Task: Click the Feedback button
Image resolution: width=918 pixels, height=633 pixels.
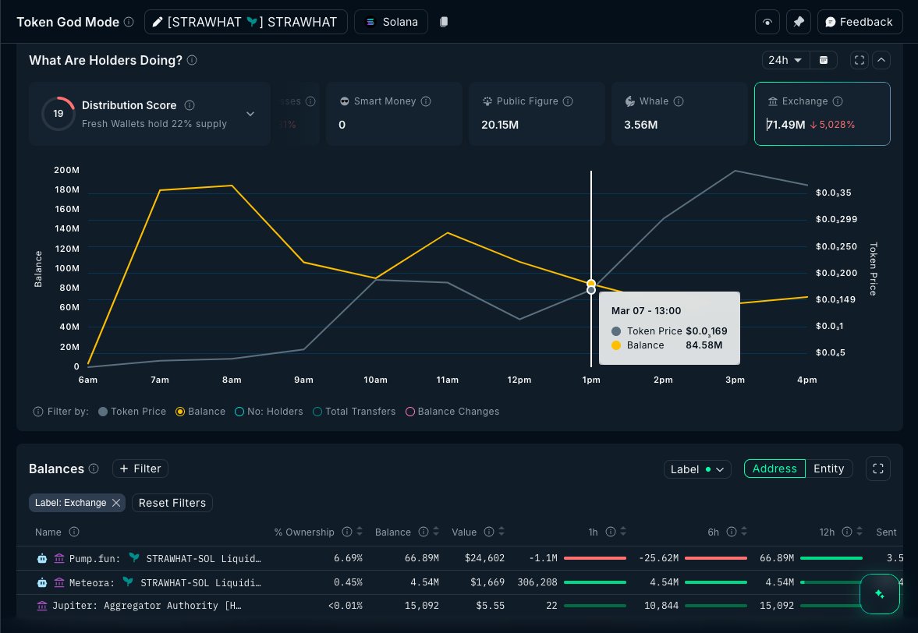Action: (x=860, y=22)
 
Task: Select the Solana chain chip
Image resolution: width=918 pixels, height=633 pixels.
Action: (x=391, y=22)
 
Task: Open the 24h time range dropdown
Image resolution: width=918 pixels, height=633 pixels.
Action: (x=785, y=60)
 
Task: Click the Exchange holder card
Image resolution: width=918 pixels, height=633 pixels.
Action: (x=821, y=114)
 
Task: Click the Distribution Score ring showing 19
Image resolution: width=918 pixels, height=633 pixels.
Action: (x=58, y=114)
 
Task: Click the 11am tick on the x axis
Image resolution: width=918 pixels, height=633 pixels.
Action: (x=447, y=380)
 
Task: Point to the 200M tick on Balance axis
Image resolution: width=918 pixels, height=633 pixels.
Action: (x=66, y=170)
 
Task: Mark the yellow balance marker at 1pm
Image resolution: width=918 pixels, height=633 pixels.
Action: (x=591, y=283)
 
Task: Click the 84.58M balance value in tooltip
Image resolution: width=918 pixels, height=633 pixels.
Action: (x=704, y=345)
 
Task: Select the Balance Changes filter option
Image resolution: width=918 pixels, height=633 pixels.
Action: (x=458, y=411)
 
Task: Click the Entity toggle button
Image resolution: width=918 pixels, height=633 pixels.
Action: (x=828, y=469)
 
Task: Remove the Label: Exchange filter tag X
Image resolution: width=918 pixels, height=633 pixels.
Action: (x=116, y=503)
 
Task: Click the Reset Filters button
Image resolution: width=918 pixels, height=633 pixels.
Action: (x=172, y=503)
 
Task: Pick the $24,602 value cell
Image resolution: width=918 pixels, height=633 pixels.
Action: (x=485, y=558)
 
